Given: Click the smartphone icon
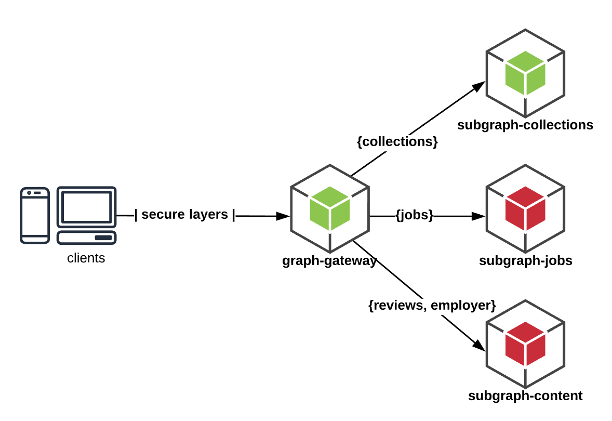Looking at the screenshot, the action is (x=35, y=216).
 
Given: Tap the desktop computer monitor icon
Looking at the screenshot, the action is (x=87, y=207).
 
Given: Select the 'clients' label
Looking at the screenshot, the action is (x=86, y=258).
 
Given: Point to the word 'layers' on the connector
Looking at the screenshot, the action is (x=209, y=215).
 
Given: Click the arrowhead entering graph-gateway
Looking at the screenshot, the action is (x=283, y=216).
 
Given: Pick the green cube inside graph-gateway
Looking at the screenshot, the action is (x=330, y=208).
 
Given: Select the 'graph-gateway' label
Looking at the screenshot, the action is (x=329, y=261).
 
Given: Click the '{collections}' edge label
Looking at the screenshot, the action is (x=397, y=141).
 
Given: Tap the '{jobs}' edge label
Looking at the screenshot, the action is (x=415, y=215).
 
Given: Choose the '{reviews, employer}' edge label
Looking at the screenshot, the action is (x=432, y=305).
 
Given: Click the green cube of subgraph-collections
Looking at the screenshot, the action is (x=525, y=73).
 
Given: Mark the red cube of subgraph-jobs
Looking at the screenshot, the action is (x=525, y=208).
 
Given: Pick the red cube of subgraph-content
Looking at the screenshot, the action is (x=525, y=344).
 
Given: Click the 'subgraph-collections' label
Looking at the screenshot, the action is (x=525, y=125).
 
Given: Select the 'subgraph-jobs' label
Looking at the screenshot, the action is (x=526, y=260).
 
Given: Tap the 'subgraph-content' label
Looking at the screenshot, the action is (x=525, y=396).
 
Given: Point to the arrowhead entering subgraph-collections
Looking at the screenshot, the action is (x=479, y=86).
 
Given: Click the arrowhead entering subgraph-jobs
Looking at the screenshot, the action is (x=478, y=216).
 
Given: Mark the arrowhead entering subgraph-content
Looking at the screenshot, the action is (x=479, y=345).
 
